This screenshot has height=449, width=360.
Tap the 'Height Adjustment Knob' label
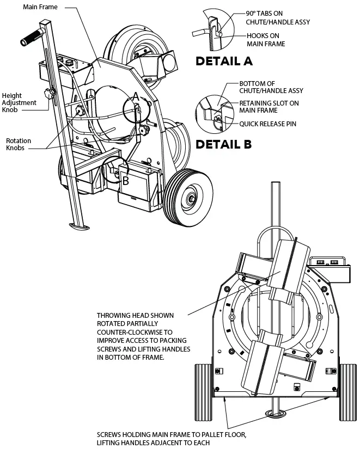[x=19, y=102]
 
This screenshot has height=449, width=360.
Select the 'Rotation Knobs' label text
[x=19, y=144]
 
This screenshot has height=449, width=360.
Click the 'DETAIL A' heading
[x=224, y=61]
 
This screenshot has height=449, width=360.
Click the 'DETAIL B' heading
[x=223, y=144]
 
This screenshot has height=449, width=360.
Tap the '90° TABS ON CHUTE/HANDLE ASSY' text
[x=270, y=16]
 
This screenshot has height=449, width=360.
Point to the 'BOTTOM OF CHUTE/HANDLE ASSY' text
[x=271, y=87]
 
